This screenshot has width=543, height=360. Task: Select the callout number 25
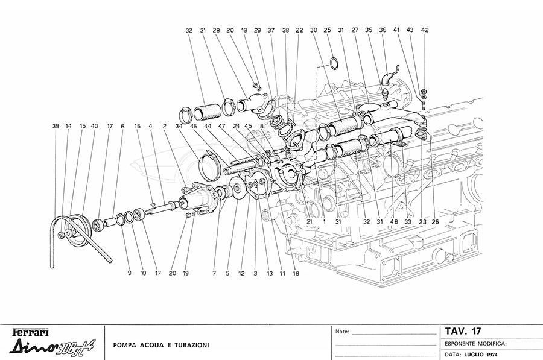[x=328, y=30]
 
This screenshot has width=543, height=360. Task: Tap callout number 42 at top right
[x=425, y=30]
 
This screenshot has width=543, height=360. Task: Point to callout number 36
[x=383, y=30]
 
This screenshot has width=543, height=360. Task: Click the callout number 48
[x=394, y=221]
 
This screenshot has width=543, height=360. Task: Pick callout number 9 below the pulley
[x=129, y=273]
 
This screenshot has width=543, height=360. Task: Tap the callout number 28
[x=215, y=30]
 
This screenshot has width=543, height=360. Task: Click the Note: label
[x=341, y=331]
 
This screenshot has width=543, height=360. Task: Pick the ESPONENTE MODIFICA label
[x=475, y=342]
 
